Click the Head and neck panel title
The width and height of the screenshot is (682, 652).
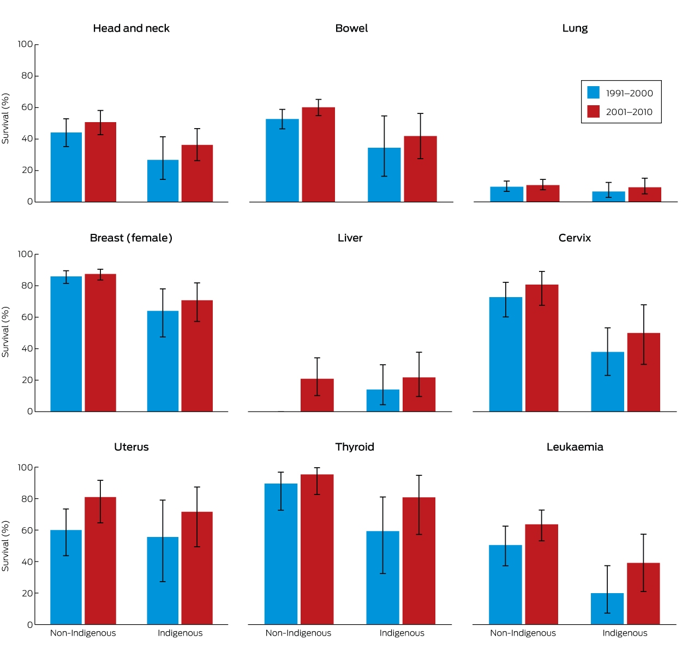click(x=131, y=28)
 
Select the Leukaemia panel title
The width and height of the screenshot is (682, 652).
click(x=575, y=446)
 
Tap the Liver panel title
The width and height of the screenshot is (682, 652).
click(x=350, y=238)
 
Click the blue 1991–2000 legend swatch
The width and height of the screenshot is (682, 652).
click(x=593, y=93)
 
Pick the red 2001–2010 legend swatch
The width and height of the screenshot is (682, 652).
click(x=593, y=111)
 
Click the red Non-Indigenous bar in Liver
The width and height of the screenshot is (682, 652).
click(x=317, y=395)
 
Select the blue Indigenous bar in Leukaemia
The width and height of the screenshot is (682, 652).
click(x=607, y=608)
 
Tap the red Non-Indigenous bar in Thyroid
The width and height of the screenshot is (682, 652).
click(x=317, y=549)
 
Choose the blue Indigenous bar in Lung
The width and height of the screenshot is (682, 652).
click(x=608, y=196)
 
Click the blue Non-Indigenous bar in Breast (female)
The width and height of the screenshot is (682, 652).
click(x=66, y=343)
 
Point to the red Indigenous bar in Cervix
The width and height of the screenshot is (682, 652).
click(x=643, y=372)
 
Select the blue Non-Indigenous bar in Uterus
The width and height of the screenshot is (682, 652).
click(x=66, y=577)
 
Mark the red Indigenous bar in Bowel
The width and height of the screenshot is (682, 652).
click(x=420, y=169)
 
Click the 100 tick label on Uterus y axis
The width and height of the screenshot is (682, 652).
click(x=25, y=467)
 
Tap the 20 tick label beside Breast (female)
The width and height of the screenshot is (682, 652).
click(x=27, y=380)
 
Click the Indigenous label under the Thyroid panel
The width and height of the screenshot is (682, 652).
click(x=402, y=633)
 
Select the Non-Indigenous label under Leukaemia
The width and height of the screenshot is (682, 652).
click(x=523, y=633)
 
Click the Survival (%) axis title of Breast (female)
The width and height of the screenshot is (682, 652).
click(x=5, y=331)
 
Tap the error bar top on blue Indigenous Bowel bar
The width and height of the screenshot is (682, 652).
click(x=384, y=116)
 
